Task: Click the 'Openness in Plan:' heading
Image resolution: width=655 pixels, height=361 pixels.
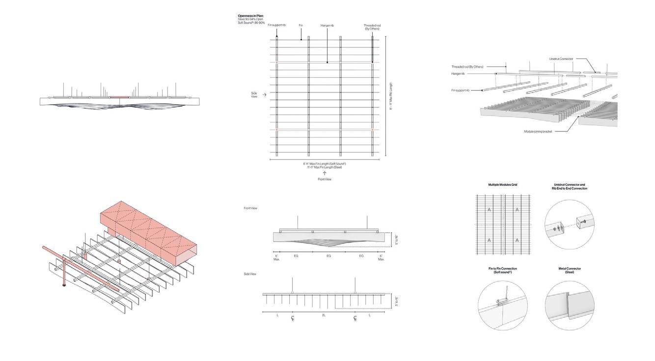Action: [x=250, y=16]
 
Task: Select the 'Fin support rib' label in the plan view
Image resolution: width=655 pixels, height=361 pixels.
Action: [x=276, y=25]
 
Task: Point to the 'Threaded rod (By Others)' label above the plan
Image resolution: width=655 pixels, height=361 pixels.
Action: [x=372, y=27]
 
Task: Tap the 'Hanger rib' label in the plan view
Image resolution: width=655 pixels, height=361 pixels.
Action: [x=327, y=25]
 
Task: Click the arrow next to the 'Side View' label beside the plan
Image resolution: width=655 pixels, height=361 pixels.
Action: [x=265, y=94]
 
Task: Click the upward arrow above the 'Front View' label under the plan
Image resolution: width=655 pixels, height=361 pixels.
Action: [x=324, y=173]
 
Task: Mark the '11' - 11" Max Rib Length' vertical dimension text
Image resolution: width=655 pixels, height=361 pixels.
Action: [x=391, y=96]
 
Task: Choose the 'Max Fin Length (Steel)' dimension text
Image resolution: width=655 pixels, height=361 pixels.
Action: [x=324, y=167]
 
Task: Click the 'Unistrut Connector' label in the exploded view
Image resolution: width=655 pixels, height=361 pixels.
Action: [x=561, y=59]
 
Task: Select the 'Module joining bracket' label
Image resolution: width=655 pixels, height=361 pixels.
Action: [x=539, y=131]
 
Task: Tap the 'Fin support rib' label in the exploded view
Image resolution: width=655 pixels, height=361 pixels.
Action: [x=461, y=90]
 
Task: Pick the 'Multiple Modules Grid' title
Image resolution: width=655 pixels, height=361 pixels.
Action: [x=502, y=185]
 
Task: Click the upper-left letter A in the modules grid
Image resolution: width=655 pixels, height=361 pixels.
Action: [x=489, y=210]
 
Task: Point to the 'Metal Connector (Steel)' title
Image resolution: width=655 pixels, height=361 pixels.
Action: [x=570, y=270]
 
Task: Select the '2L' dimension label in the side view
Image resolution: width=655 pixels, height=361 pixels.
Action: [x=324, y=315]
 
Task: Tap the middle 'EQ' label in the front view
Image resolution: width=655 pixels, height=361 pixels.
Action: [x=328, y=256]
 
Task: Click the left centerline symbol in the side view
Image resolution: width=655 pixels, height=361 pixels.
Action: [x=293, y=319]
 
